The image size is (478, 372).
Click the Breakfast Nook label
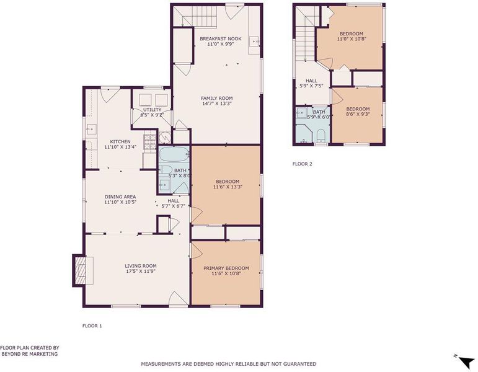coord(221,38)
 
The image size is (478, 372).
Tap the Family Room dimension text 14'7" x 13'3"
coord(217,104)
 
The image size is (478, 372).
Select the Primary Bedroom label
coord(226,268)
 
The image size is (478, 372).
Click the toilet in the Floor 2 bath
coord(321,136)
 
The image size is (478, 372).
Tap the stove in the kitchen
coord(149,143)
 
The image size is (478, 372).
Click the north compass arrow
coord(465,361)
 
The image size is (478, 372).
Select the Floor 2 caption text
coord(303,164)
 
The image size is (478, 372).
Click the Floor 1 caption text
coord(92,325)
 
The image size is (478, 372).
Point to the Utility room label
coord(152,110)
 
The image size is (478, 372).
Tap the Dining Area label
coord(120,197)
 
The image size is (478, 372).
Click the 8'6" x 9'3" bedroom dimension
coord(358,114)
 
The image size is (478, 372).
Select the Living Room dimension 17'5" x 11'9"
coord(141,271)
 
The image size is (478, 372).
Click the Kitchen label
coord(120,142)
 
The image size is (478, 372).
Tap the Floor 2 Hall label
coord(311,81)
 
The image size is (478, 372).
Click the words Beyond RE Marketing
coord(30,354)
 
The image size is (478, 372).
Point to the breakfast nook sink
coord(254,41)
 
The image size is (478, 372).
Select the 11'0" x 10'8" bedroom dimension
coord(352,39)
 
